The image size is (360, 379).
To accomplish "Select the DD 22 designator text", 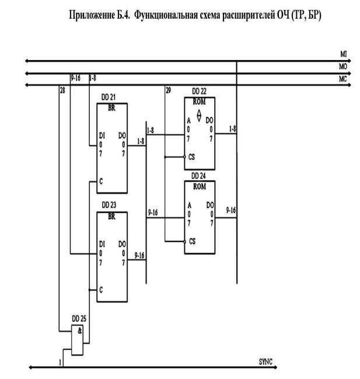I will (x=199, y=92).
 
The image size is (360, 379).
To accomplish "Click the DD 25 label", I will (x=79, y=318).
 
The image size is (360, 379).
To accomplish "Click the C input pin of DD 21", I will (x=102, y=182).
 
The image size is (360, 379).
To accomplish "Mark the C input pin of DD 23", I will (x=102, y=289).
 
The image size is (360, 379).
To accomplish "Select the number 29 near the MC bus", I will (x=168, y=90).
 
